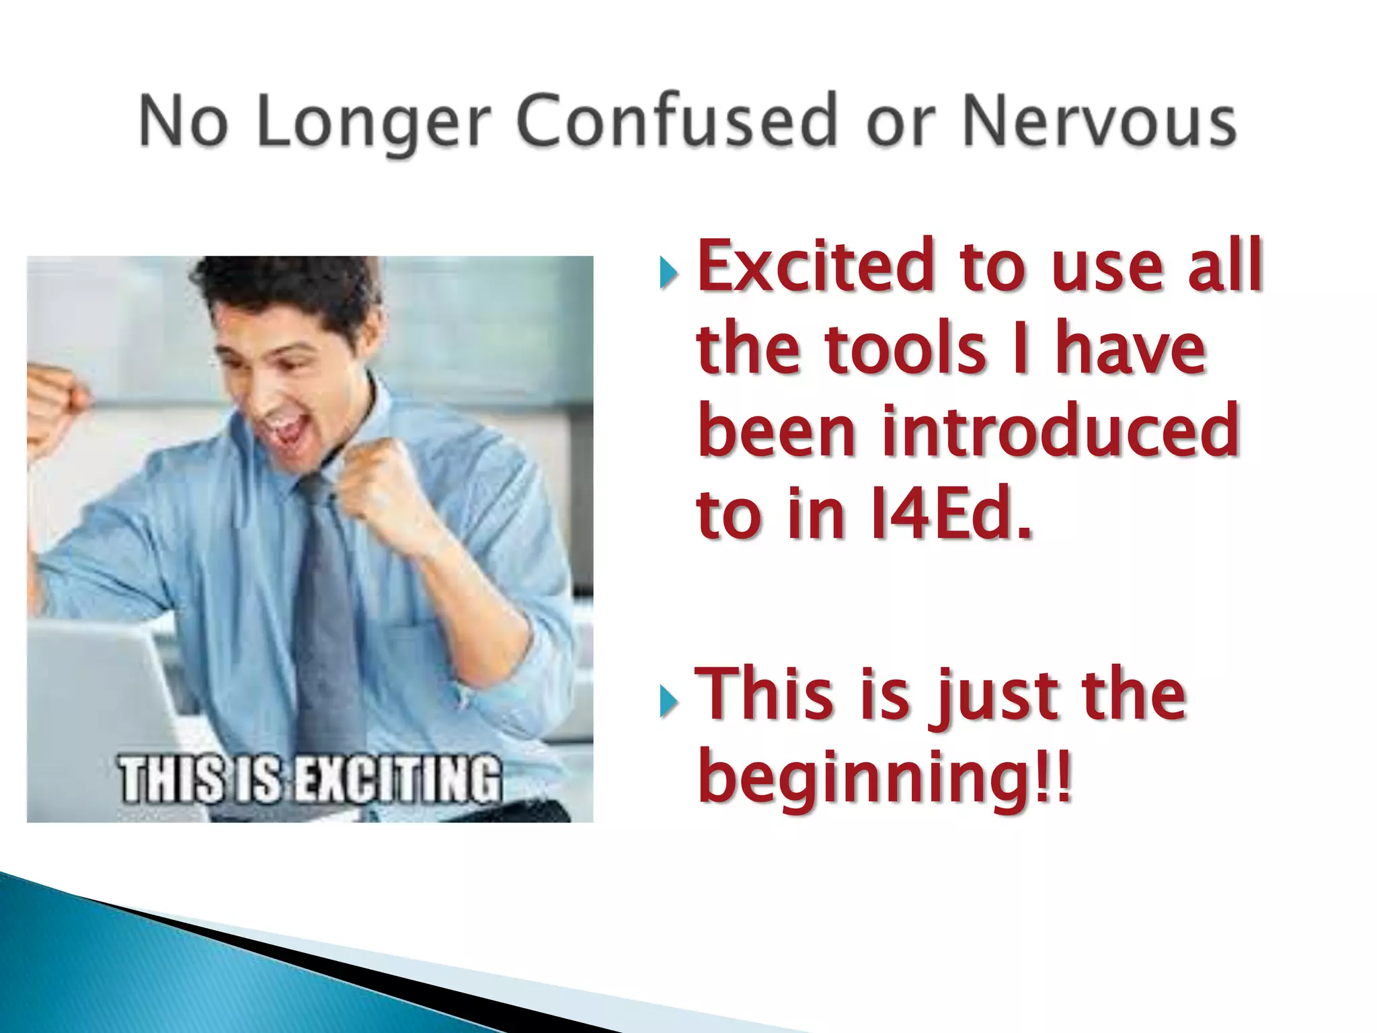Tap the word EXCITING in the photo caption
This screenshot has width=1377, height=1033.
tap(399, 780)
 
